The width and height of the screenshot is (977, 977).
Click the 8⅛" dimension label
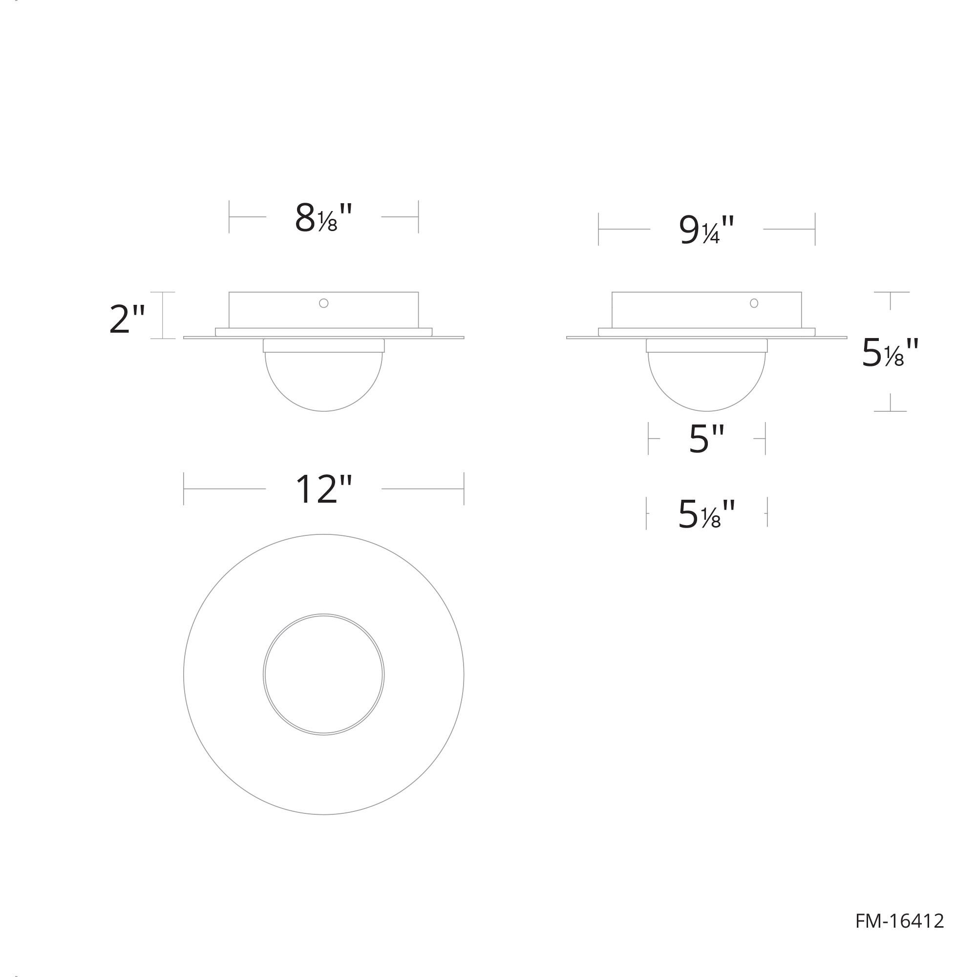(x=323, y=217)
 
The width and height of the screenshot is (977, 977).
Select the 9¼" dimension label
(x=706, y=230)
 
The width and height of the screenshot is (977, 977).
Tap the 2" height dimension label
(x=127, y=319)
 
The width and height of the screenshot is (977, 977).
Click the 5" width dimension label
(x=707, y=439)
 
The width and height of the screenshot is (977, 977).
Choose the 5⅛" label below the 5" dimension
(x=706, y=514)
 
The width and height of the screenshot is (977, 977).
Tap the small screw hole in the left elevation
(x=324, y=303)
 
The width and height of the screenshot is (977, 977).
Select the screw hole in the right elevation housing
(x=754, y=303)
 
